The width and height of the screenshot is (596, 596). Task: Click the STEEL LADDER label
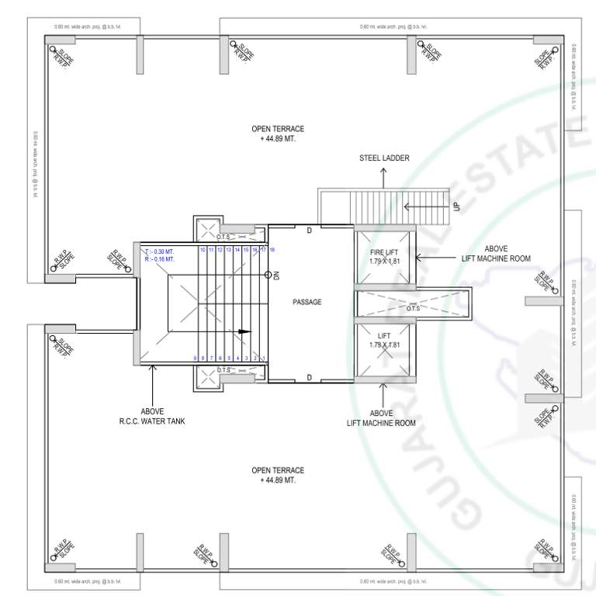(x=384, y=158)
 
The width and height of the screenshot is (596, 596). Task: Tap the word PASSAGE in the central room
(x=307, y=302)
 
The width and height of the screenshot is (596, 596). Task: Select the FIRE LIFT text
(x=384, y=252)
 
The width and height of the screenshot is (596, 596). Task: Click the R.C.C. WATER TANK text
(x=152, y=421)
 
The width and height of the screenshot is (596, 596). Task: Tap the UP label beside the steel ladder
(x=456, y=207)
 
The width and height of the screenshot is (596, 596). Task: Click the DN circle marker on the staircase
(x=268, y=275)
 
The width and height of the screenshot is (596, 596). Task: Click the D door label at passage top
(x=308, y=230)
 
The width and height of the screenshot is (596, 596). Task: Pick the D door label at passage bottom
(x=308, y=378)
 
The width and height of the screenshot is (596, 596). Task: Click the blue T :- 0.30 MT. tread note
(x=159, y=251)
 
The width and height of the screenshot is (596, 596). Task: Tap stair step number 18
(x=272, y=249)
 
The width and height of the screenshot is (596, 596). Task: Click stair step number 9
(x=195, y=358)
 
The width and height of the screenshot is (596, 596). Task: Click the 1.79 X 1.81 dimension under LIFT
(x=384, y=345)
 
